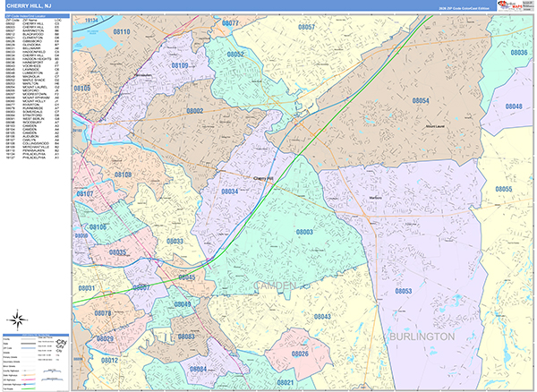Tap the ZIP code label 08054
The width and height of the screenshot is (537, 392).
pos(421,101)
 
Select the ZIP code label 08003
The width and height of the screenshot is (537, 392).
pos(304,232)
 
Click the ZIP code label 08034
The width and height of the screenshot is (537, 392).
pos(230,192)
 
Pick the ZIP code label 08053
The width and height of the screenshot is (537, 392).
pos(403,292)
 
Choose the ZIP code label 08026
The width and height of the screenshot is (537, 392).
pos(300,354)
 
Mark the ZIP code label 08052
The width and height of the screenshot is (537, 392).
pos(235,55)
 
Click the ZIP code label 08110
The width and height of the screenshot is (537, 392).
pos(121,32)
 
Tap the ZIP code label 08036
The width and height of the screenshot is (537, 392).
pos(519,53)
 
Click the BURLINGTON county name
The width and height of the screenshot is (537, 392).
pos(422,336)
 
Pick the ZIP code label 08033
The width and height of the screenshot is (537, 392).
pos(175,242)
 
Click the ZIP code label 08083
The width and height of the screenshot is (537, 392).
pos(187,337)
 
